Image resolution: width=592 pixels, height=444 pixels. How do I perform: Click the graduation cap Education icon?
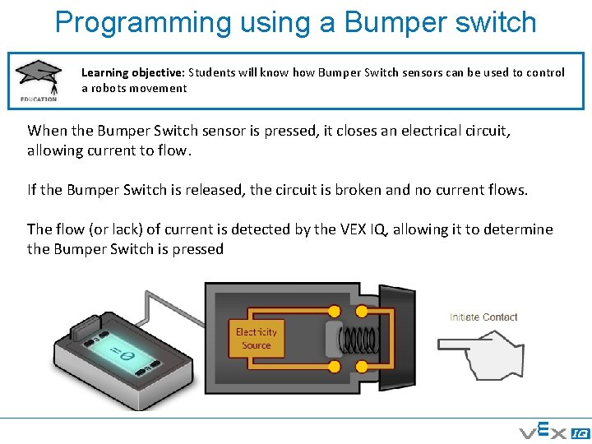pos(38,79)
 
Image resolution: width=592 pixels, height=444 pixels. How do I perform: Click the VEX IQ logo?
pos(552,431)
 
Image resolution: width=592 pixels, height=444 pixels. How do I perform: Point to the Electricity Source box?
pos(256,338)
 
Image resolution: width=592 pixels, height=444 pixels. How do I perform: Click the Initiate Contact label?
pos(483,317)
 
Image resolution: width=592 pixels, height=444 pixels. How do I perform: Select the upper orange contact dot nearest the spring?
pos(334,311)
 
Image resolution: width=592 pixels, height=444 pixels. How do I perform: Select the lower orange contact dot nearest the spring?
pos(334,367)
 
